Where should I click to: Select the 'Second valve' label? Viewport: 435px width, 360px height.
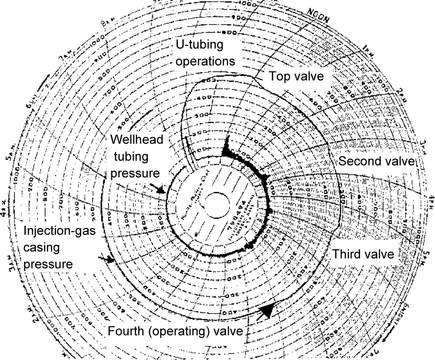[377, 162]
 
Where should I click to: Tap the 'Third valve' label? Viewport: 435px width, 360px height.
[363, 255]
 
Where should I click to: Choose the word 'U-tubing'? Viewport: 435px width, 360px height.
[206, 46]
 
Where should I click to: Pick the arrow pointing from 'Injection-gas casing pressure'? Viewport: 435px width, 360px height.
[109, 259]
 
